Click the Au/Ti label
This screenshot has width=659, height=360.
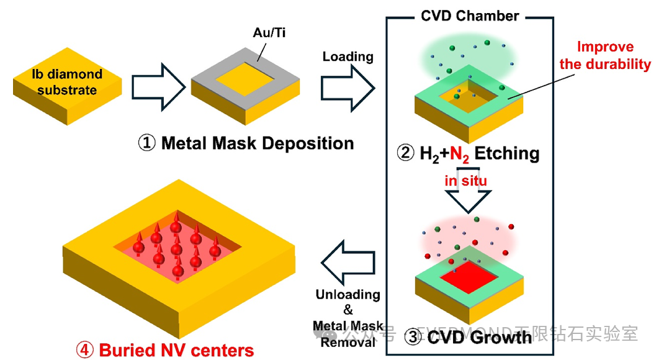pos(269,33)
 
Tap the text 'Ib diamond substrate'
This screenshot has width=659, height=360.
pos(67,82)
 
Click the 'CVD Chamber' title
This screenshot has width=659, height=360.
pos(470,16)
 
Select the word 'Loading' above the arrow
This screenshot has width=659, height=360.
pos(347,56)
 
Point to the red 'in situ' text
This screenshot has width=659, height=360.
pos(465,181)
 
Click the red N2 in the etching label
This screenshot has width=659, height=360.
pos(459,155)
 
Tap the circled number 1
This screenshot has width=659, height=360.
pos(146,143)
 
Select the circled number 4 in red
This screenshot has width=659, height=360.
pos(84,350)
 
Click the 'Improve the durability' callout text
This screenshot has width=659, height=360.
pos(605,55)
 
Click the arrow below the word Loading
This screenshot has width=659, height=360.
pos(347,88)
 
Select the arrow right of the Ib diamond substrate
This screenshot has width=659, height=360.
pos(158,88)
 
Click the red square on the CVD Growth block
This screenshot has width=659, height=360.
pos(468,277)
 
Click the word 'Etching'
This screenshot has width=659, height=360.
pos(507,153)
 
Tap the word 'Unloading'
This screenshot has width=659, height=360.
pos(347,294)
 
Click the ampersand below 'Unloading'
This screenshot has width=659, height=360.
pos(348,310)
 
